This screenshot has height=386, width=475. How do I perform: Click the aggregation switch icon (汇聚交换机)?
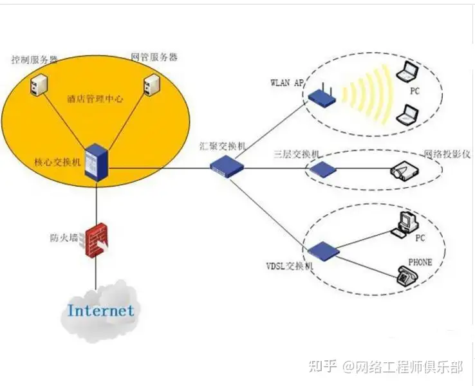click(x=228, y=165)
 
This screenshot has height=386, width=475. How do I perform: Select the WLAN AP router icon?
click(x=322, y=96)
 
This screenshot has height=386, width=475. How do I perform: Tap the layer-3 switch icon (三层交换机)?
click(x=321, y=169)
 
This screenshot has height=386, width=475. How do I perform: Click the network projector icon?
click(x=404, y=171)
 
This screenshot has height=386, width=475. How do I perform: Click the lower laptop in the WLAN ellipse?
click(x=407, y=114)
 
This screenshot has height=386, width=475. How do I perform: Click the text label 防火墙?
click(x=64, y=237)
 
